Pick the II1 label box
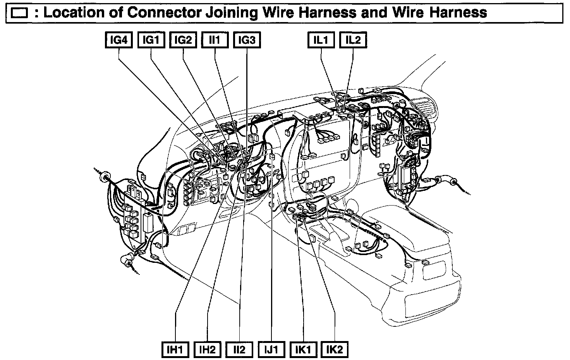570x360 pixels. tap(215, 40)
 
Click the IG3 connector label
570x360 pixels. tap(247, 40)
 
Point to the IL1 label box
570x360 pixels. tap(321, 40)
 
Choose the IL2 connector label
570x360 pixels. tap(353, 40)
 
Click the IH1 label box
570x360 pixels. tap(175, 350)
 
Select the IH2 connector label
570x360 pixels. tap(207, 350)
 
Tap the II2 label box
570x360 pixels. tap(239, 350)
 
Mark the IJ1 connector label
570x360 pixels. tap(271, 350)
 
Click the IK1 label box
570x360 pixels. tap(303, 350)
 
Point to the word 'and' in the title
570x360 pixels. tap(375, 13)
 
